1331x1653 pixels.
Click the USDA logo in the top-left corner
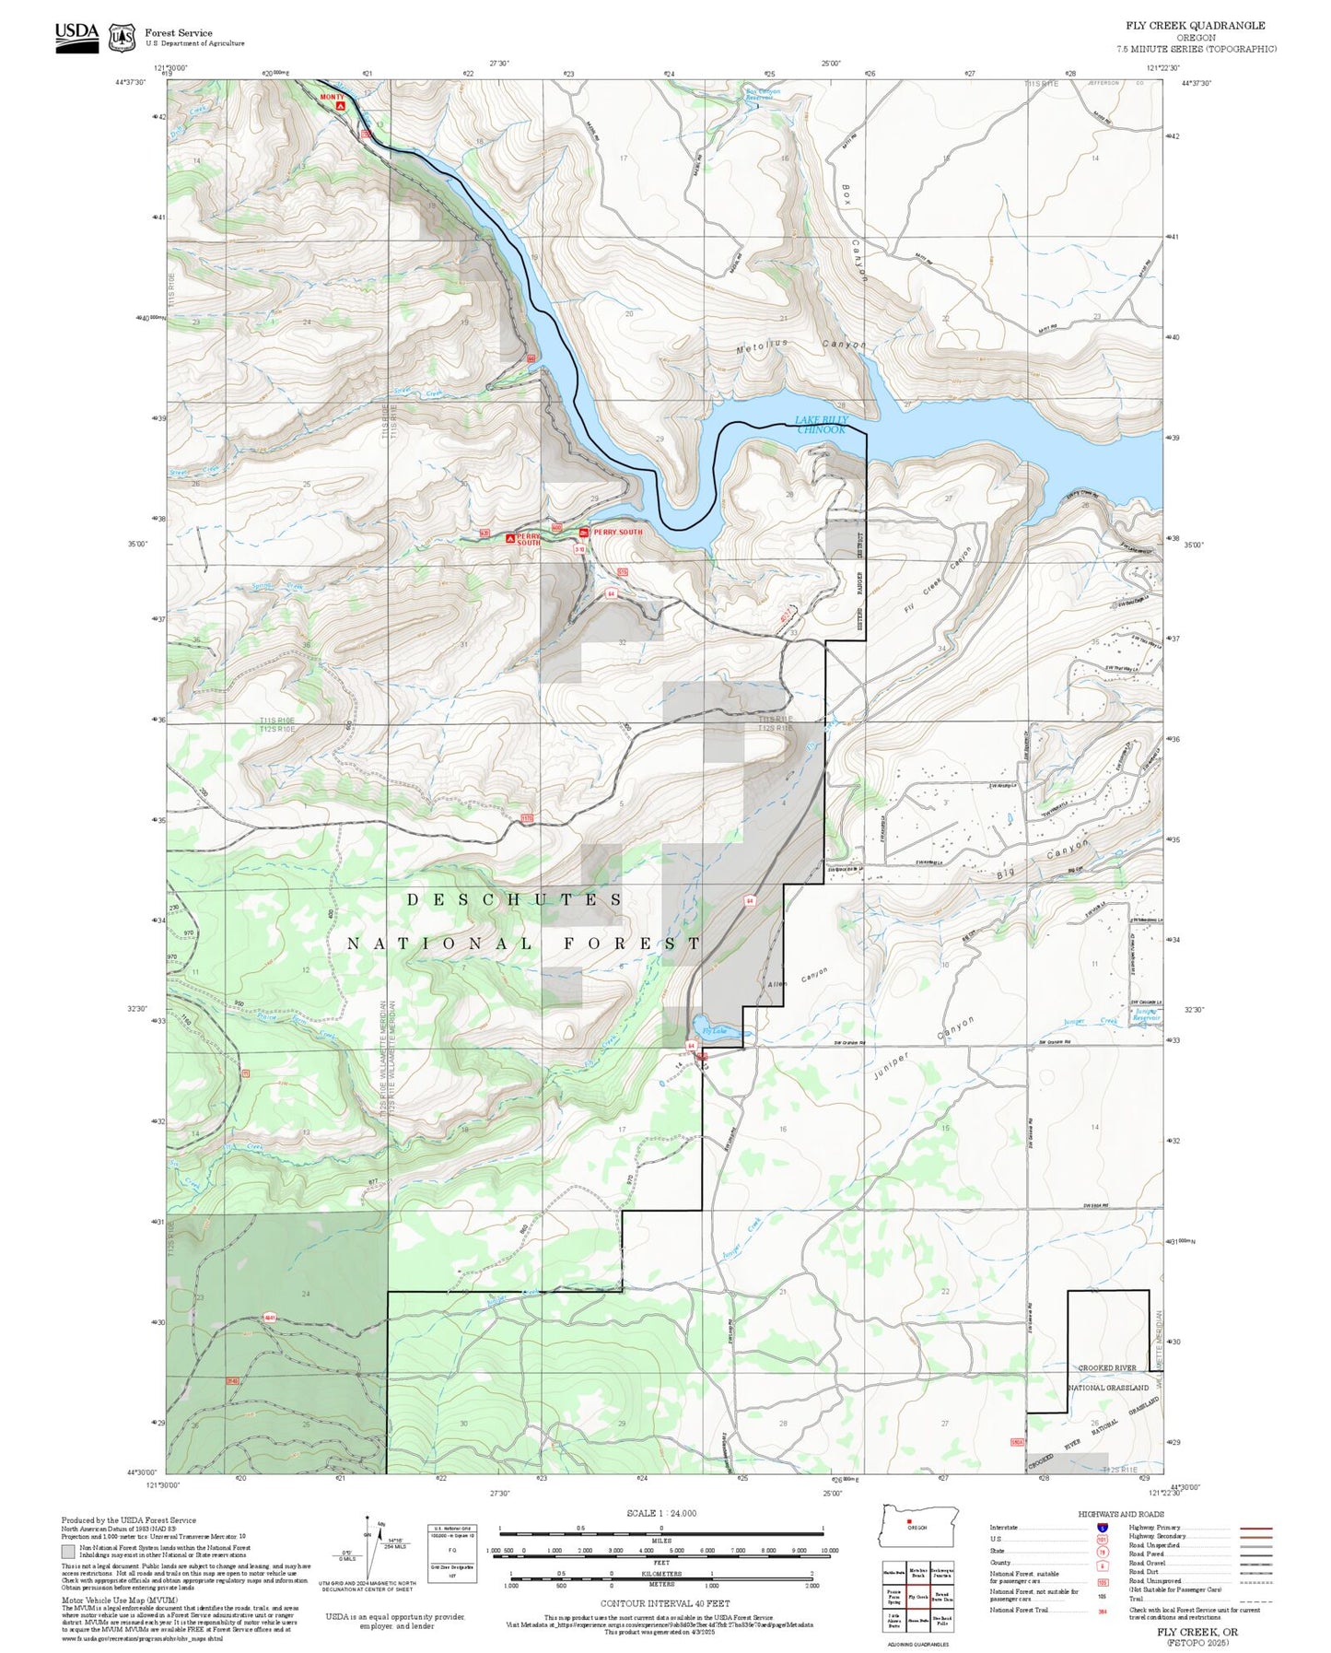pyautogui.click(x=76, y=36)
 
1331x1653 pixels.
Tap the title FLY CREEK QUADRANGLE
pyautogui.click(x=1195, y=26)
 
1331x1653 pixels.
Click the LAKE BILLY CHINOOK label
pyautogui.click(x=821, y=425)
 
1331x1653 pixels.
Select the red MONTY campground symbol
pyautogui.click(x=340, y=106)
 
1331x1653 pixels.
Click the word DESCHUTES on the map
pyautogui.click(x=515, y=899)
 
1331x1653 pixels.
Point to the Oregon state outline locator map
pyautogui.click(x=918, y=1527)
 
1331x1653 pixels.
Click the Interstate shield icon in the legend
pyautogui.click(x=1102, y=1528)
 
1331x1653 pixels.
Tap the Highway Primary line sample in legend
pyautogui.click(x=1256, y=1528)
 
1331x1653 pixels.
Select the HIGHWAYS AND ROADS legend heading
pyautogui.click(x=1121, y=1514)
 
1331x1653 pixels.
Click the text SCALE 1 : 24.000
pyautogui.click(x=660, y=1513)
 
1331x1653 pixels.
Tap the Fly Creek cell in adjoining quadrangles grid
pyautogui.click(x=917, y=1597)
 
